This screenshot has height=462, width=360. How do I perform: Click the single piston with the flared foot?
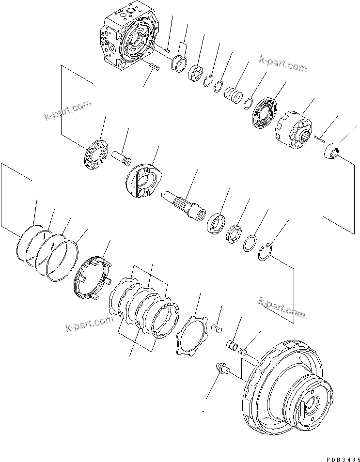[122, 158]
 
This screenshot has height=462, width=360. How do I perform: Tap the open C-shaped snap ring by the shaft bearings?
[266, 251]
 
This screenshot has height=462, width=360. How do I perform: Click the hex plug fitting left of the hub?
[223, 370]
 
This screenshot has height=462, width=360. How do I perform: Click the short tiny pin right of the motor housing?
[167, 49]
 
